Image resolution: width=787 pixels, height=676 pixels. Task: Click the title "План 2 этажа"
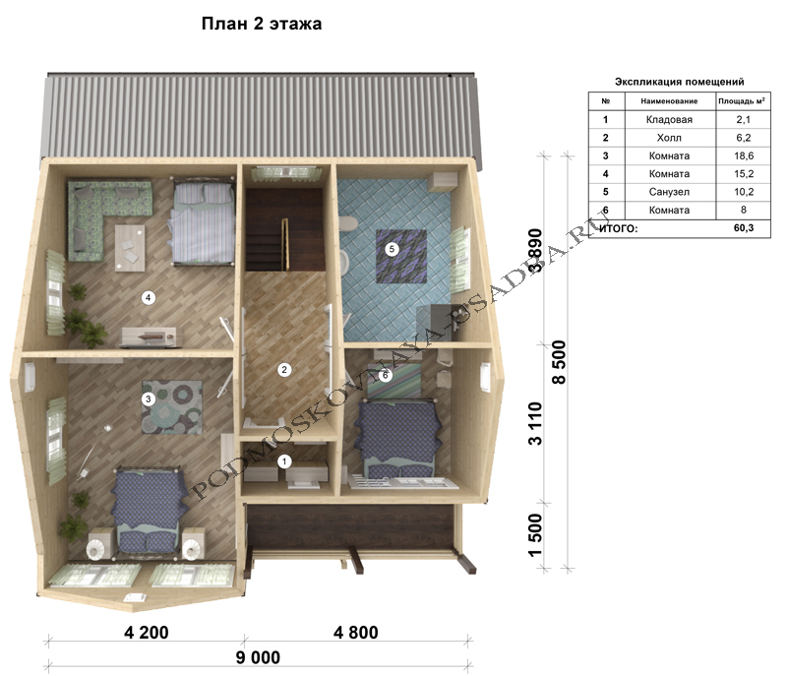[262, 24]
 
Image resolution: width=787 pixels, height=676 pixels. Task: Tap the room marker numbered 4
[148, 297]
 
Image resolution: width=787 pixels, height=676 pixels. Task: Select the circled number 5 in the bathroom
[392, 248]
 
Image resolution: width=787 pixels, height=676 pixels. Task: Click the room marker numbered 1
[284, 461]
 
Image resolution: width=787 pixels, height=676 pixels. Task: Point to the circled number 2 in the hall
[284, 370]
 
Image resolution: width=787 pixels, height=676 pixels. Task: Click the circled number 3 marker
[148, 399]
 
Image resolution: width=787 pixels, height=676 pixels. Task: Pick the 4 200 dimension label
[146, 633]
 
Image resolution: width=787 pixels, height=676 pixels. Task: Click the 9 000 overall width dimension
[258, 657]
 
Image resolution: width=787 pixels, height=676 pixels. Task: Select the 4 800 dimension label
[356, 633]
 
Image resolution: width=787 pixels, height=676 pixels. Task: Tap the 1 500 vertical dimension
[535, 535]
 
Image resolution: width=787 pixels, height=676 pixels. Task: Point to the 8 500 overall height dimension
[559, 362]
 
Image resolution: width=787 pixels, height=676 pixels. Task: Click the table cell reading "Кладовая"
[670, 119]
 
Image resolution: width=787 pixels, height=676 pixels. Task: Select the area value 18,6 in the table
[744, 155]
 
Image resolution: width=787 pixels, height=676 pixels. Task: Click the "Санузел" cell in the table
[670, 192]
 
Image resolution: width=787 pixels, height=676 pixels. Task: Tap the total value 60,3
[744, 228]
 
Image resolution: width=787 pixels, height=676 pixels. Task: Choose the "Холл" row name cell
[670, 138]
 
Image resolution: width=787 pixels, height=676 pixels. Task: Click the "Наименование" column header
[670, 101]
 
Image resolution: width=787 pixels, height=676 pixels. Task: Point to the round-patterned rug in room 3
[172, 407]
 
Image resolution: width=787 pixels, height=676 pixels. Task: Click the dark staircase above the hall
[283, 230]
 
